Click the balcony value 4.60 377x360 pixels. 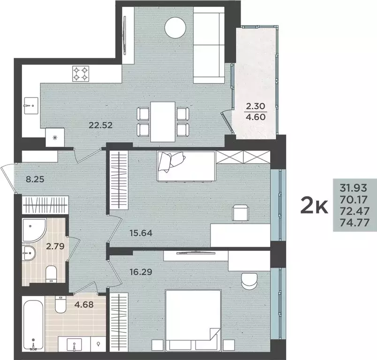coord(256,117)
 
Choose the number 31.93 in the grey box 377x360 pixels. coord(355,188)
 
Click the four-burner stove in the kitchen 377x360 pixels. coord(81,73)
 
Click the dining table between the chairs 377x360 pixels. coord(163,121)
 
